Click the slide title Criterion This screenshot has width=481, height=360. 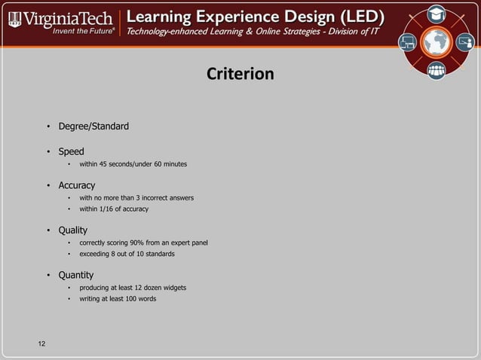tap(240, 75)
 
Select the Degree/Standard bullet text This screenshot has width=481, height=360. tap(93, 126)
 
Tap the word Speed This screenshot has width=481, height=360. tap(72, 151)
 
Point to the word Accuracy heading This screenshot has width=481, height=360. tap(77, 185)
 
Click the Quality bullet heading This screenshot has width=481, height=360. tap(73, 230)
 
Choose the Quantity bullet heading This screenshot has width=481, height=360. tap(76, 275)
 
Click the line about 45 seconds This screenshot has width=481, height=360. tap(133, 164)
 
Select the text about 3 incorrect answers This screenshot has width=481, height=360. tap(136, 198)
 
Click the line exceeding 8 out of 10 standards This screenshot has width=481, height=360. tap(127, 254)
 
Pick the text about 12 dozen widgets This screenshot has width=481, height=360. tap(133, 288)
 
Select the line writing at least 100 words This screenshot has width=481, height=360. tap(118, 299)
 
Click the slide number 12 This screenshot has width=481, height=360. tap(41, 344)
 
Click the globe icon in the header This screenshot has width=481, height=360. tap(437, 43)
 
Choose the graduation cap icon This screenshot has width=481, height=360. tap(437, 14)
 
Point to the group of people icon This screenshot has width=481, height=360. tap(437, 71)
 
